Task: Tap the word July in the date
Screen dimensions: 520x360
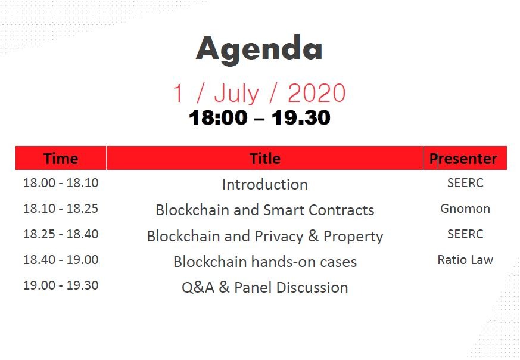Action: click(x=236, y=94)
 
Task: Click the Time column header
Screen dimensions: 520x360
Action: click(x=61, y=159)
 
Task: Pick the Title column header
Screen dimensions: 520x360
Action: click(x=265, y=159)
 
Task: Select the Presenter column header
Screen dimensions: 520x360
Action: click(x=463, y=159)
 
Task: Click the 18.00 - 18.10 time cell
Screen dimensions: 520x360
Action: click(x=61, y=183)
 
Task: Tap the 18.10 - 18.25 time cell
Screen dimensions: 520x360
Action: click(x=61, y=209)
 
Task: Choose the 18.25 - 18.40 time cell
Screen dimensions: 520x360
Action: click(x=61, y=234)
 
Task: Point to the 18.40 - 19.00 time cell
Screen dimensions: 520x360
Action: click(x=61, y=259)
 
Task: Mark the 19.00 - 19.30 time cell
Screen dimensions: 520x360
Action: click(x=61, y=285)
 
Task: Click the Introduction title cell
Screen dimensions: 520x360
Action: click(x=265, y=185)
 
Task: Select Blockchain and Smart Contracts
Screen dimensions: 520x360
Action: click(x=265, y=210)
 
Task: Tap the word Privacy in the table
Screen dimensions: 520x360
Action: click(x=279, y=237)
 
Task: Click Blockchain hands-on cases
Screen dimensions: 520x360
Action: click(x=265, y=262)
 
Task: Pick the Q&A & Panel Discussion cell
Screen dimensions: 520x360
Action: click(x=265, y=287)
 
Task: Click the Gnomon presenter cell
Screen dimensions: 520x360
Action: click(x=465, y=209)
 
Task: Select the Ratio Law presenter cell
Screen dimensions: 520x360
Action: click(x=465, y=259)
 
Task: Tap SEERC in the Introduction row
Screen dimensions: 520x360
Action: click(x=465, y=183)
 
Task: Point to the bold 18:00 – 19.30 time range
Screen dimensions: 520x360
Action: click(x=260, y=117)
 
